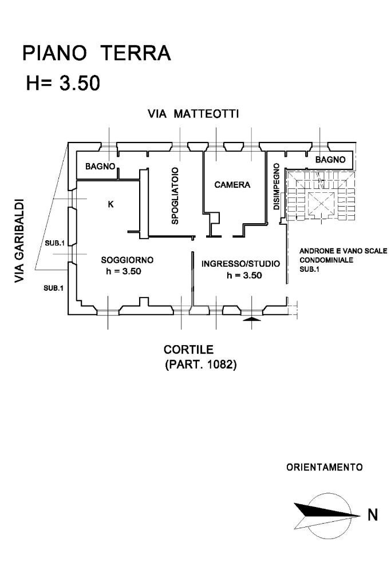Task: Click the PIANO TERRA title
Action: click(x=96, y=53)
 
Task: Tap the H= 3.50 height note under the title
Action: click(x=63, y=83)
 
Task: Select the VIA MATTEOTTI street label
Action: click(x=193, y=114)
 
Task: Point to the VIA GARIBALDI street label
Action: click(x=20, y=240)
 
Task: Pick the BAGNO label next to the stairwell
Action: click(x=330, y=160)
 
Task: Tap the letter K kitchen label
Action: click(x=110, y=204)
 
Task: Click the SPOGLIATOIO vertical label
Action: click(x=175, y=195)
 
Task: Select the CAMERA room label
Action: click(x=232, y=185)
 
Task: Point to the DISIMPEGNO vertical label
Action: click(x=276, y=187)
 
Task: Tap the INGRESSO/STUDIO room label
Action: click(x=240, y=264)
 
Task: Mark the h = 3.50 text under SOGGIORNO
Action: click(x=123, y=271)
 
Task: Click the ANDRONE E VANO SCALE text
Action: click(x=343, y=251)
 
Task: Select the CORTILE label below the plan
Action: click(x=188, y=349)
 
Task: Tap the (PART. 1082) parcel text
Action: click(x=200, y=364)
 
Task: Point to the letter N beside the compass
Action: click(x=373, y=515)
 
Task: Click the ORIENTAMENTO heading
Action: click(x=324, y=467)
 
